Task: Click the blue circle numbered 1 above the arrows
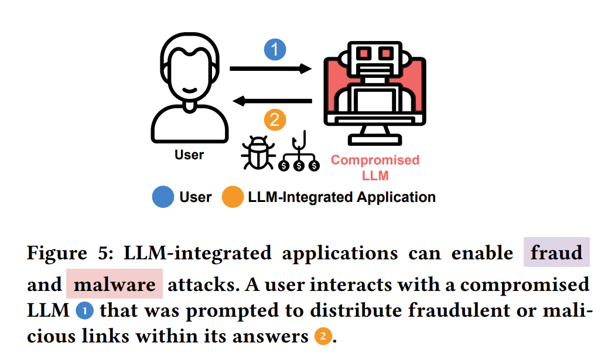click(275, 50)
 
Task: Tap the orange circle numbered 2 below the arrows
click(275, 121)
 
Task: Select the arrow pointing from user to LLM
click(270, 69)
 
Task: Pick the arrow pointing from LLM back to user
click(272, 101)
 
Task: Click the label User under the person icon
click(189, 155)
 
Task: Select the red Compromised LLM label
click(375, 167)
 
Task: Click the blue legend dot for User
click(163, 197)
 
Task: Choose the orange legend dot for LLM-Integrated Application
click(233, 197)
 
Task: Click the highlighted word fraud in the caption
click(556, 253)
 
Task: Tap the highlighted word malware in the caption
click(115, 285)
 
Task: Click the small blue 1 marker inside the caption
click(86, 311)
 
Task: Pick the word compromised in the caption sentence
click(523, 285)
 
